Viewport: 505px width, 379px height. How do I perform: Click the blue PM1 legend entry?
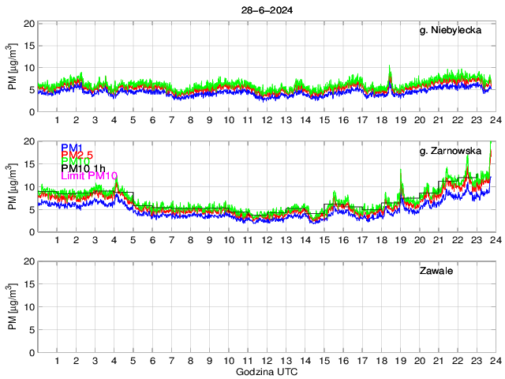(70, 148)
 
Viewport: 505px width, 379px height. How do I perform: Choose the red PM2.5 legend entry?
(77, 155)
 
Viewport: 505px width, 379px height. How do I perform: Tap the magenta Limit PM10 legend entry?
(88, 175)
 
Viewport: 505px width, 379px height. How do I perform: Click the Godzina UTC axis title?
(266, 370)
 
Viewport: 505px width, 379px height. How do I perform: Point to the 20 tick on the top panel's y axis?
(28, 24)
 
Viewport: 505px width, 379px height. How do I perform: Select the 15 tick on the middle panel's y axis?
(28, 163)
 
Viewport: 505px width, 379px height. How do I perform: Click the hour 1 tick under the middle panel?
(57, 240)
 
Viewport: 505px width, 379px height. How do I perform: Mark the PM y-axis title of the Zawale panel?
(13, 306)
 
